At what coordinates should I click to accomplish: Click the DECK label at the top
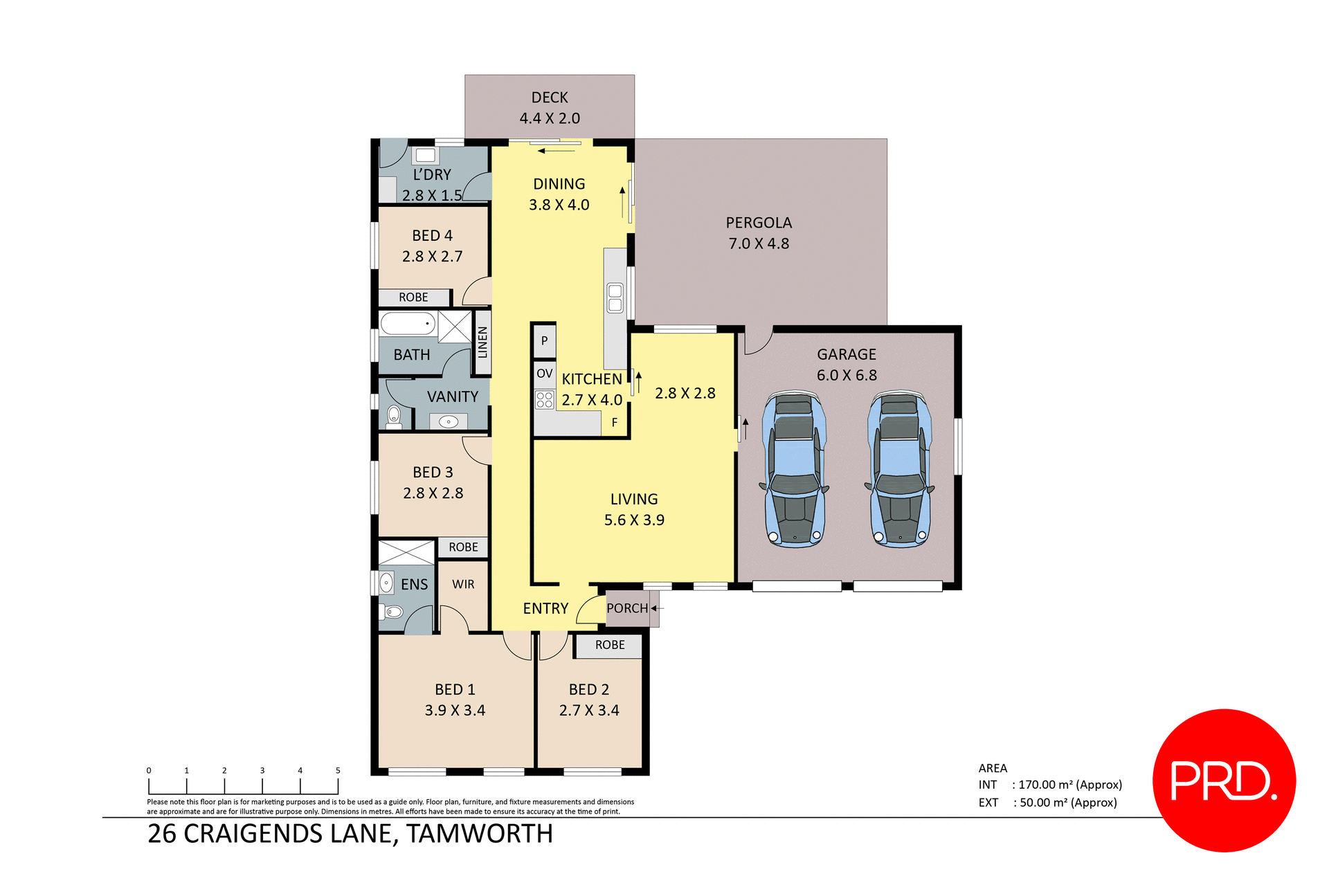[x=550, y=98]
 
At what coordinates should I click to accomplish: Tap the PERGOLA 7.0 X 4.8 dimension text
[x=759, y=244]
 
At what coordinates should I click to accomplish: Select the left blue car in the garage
[x=795, y=469]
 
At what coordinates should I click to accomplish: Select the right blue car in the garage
[x=899, y=469]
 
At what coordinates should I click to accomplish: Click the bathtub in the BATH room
[x=408, y=323]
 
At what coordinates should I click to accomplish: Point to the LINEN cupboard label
[x=482, y=342]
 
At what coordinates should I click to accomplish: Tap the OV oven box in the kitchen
[x=544, y=374]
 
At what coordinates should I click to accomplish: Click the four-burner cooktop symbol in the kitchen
[x=544, y=400]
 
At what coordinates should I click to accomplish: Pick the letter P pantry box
[x=544, y=340]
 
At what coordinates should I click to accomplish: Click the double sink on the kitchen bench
[x=615, y=298]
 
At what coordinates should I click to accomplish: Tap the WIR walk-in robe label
[x=463, y=585]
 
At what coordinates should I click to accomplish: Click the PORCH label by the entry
[x=627, y=608]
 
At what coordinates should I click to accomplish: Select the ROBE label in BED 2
[x=610, y=645]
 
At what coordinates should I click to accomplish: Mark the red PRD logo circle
[x=1224, y=780]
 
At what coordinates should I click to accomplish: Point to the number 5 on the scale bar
[x=338, y=770]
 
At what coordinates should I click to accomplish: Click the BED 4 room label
[x=432, y=236]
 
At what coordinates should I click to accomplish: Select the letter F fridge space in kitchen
[x=614, y=423]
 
